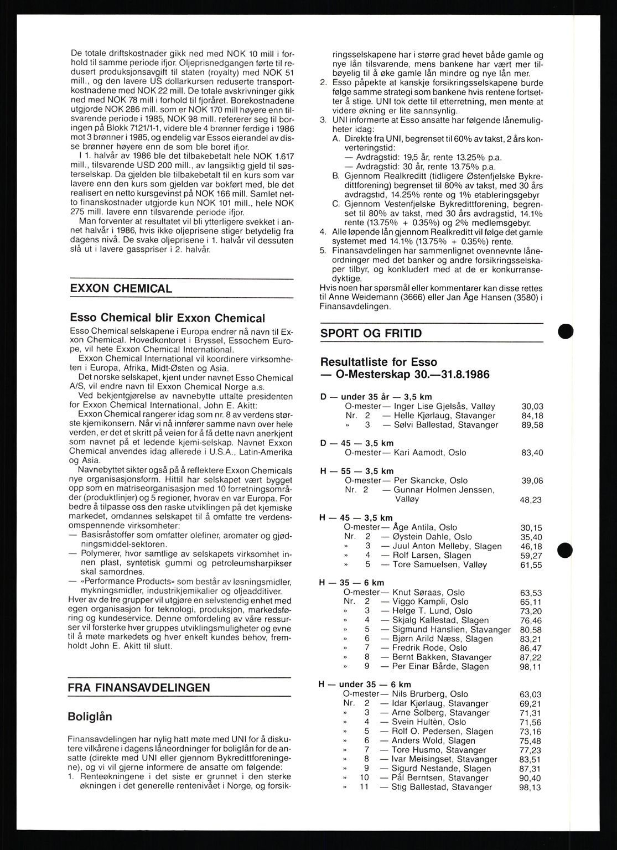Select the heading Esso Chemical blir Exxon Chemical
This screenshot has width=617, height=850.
pyautogui.click(x=167, y=318)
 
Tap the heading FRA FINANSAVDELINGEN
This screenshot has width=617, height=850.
pyautogui.click(x=139, y=688)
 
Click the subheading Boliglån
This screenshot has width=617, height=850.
pyautogui.click(x=90, y=716)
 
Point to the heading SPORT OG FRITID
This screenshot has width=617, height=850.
pyautogui.click(x=371, y=333)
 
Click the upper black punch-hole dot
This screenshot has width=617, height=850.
pyautogui.click(x=565, y=331)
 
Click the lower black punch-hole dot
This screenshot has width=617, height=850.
pyautogui.click(x=565, y=551)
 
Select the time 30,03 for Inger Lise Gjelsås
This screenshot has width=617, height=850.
pyautogui.click(x=532, y=406)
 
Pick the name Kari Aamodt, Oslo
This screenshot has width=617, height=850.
pyautogui.click(x=429, y=452)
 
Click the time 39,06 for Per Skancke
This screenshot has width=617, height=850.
pyautogui.click(x=532, y=480)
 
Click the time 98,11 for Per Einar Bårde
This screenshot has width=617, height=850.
pyautogui.click(x=532, y=666)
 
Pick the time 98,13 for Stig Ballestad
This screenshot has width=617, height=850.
pyautogui.click(x=532, y=787)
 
